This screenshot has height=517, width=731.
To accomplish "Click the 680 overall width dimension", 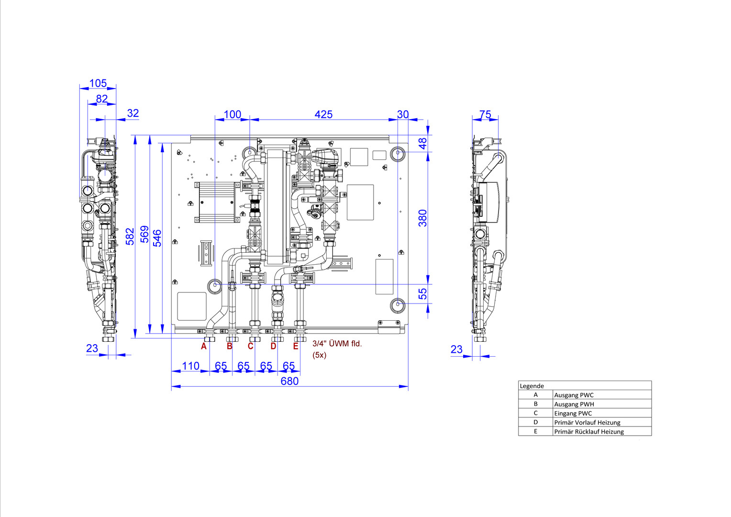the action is click(289, 381).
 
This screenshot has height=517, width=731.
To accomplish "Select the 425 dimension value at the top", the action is click(323, 114).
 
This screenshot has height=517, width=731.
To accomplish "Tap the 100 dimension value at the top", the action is click(233, 114).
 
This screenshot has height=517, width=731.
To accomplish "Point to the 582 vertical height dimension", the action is click(130, 236).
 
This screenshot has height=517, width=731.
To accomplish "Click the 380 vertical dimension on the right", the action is click(422, 218).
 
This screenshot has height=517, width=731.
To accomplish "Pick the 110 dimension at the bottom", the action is click(190, 366).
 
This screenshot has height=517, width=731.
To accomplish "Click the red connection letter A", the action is click(204, 346).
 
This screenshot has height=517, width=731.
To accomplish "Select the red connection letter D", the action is click(274, 346).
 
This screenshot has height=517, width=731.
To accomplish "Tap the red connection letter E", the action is click(296, 346).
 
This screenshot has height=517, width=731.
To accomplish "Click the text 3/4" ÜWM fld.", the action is click(337, 344).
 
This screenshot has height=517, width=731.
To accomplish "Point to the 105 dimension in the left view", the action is click(98, 83).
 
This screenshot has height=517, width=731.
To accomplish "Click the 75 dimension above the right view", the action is click(485, 114).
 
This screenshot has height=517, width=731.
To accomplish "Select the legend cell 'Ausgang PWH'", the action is click(574, 405).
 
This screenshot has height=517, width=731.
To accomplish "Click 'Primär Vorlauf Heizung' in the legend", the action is click(587, 423).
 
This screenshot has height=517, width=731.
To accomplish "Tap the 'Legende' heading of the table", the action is click(532, 386).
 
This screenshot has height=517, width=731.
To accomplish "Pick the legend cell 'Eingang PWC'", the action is click(573, 414).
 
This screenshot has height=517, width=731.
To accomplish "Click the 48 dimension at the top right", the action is click(422, 144).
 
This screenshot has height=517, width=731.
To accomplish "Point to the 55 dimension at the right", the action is click(422, 293).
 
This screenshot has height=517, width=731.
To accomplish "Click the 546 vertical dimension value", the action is click(157, 238).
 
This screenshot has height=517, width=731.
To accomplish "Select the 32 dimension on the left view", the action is click(133, 113).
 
